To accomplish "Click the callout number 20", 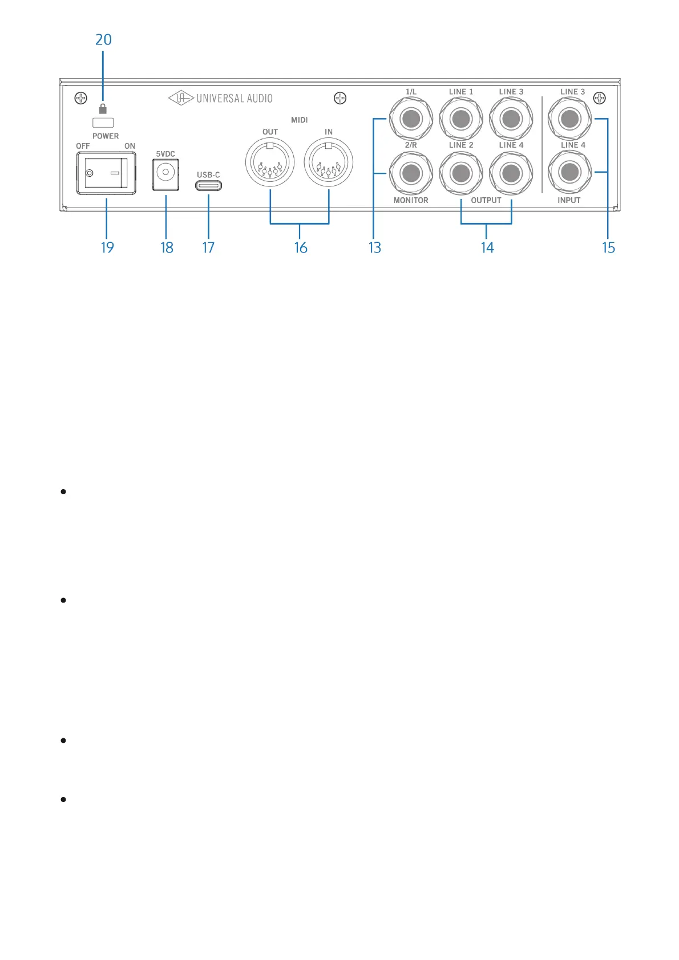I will click(103, 39).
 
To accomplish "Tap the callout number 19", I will click(107, 247).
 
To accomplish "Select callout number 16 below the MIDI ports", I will click(301, 247).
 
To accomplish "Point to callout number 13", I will click(374, 247).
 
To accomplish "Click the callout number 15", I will click(608, 247).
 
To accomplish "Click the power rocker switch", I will click(106, 173).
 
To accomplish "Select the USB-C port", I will click(208, 185).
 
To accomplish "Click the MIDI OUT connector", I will click(270, 163).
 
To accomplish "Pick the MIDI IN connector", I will click(329, 163).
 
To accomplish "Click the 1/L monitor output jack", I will click(411, 119).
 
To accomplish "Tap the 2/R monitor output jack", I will click(411, 173).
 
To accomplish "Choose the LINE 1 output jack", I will click(461, 119).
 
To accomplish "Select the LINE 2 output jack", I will click(461, 173).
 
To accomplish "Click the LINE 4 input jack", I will click(569, 172).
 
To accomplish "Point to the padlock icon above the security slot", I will click(103, 109).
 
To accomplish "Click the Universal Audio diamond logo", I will click(181, 98).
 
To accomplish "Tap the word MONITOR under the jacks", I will click(411, 200).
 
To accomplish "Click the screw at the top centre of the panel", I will click(340, 98).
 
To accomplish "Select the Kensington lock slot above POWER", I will click(103, 123).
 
